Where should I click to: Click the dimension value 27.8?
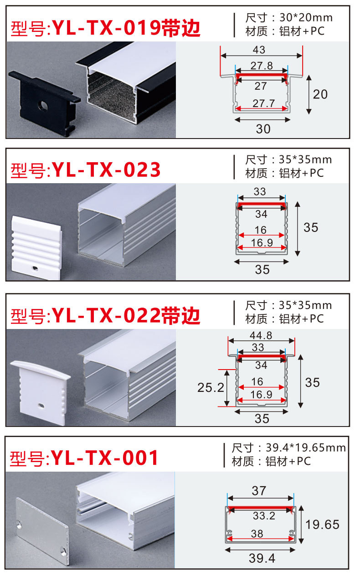click(261, 65)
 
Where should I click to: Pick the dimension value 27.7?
click(263, 103)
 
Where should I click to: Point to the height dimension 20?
click(320, 94)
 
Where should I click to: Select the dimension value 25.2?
click(211, 387)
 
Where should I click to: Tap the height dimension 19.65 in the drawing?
click(323, 525)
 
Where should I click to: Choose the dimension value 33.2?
click(263, 516)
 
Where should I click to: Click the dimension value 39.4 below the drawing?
click(262, 557)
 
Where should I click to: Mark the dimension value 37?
click(258, 491)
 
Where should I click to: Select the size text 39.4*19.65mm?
click(302, 447)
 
